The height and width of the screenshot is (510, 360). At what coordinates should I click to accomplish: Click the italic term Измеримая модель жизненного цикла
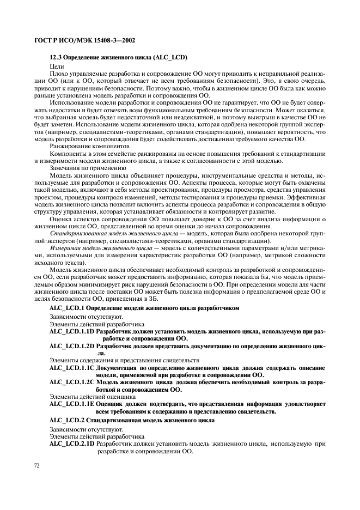click(x=103, y=248)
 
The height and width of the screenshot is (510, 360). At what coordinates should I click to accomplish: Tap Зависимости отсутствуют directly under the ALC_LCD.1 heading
click(x=82, y=316)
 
